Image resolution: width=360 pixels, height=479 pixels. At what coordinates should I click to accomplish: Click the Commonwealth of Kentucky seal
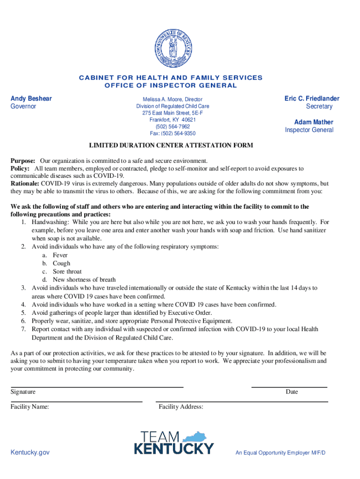pyautogui.click(x=173, y=47)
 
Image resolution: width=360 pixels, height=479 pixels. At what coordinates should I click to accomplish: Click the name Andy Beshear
pyautogui.click(x=31, y=98)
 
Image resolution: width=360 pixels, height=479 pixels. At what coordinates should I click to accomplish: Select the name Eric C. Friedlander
pyautogui.click(x=312, y=98)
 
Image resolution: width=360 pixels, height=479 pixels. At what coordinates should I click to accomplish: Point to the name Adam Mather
pyautogui.click(x=314, y=122)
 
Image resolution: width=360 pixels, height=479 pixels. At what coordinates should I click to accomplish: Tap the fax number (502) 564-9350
pyautogui.click(x=173, y=133)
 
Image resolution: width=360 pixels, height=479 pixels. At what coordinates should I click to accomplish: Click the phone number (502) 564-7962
pyautogui.click(x=173, y=126)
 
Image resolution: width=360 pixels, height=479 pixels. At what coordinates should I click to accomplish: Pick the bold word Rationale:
pyautogui.click(x=25, y=183)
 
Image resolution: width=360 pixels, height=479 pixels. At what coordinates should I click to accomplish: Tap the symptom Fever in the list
pyautogui.click(x=60, y=255)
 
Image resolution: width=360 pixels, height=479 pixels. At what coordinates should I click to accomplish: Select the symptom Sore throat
pyautogui.click(x=67, y=271)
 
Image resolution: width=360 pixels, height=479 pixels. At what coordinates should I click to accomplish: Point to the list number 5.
pyautogui.click(x=23, y=312)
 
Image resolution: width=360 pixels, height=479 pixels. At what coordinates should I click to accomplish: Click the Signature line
pyautogui.click(x=97, y=387)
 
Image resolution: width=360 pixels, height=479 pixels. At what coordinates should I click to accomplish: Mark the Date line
pyautogui.click(x=289, y=387)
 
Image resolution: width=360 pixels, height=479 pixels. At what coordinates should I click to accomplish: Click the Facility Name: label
pyautogui.click(x=30, y=407)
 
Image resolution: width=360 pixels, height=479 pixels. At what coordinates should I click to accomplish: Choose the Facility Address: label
pyautogui.click(x=181, y=407)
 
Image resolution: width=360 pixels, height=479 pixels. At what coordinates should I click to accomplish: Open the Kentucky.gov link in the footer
pyautogui.click(x=30, y=452)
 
